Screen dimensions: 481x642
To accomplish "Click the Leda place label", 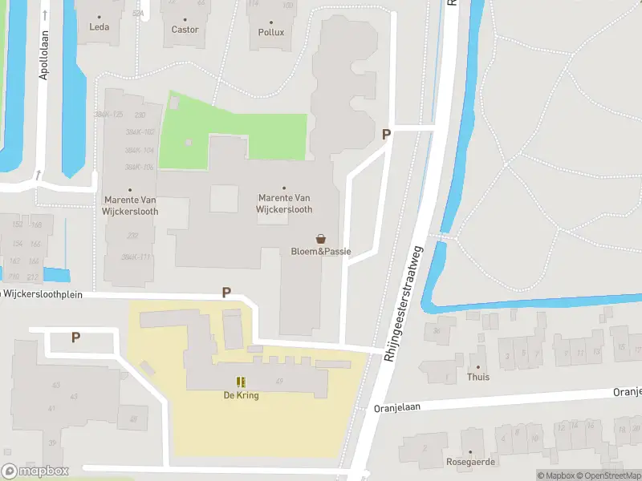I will coord(99,26).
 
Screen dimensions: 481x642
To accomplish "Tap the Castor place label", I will coord(185,30).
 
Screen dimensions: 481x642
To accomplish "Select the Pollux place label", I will coord(271,33).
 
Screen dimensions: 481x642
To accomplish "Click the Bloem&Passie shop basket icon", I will coord(321,238).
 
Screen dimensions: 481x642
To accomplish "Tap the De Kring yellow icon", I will coord(241,382).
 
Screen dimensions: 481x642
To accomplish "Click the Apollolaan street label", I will coord(44,55).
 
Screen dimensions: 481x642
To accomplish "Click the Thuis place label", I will coord(478,376).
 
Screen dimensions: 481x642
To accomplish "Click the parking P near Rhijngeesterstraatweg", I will coord(386,135).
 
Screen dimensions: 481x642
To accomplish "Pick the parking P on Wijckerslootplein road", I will coord(226,293).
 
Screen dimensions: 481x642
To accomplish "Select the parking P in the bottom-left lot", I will coord(75,338).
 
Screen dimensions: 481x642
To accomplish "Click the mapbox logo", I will coord(35,471).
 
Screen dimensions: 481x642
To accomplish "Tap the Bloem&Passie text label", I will coord(321,252).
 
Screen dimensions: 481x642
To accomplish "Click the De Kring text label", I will coord(241,395).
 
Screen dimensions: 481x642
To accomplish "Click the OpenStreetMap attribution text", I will coord(615,475).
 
